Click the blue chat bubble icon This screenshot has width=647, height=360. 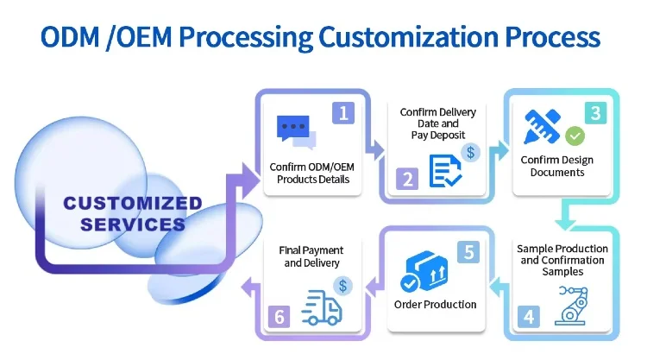[296, 131]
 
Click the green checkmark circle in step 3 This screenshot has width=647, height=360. [575, 136]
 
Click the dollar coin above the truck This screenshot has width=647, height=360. [343, 286]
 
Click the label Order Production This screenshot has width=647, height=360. [435, 304]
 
